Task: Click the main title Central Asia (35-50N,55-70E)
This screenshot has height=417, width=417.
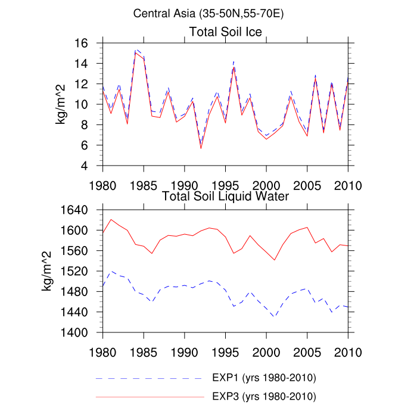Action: [x=208, y=13]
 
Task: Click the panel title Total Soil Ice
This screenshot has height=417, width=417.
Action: [x=226, y=31]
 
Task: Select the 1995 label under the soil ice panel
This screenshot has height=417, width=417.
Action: [x=225, y=185]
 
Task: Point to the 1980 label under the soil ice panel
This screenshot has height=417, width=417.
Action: [x=103, y=185]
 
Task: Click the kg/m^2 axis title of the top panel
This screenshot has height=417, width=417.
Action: [x=61, y=104]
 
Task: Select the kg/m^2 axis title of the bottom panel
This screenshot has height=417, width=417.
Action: [x=46, y=271]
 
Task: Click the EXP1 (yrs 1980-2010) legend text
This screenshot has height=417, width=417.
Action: [x=263, y=378]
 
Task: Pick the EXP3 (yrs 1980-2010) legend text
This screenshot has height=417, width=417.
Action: [x=263, y=396]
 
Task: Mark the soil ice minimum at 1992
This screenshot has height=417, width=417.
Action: [x=201, y=148]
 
